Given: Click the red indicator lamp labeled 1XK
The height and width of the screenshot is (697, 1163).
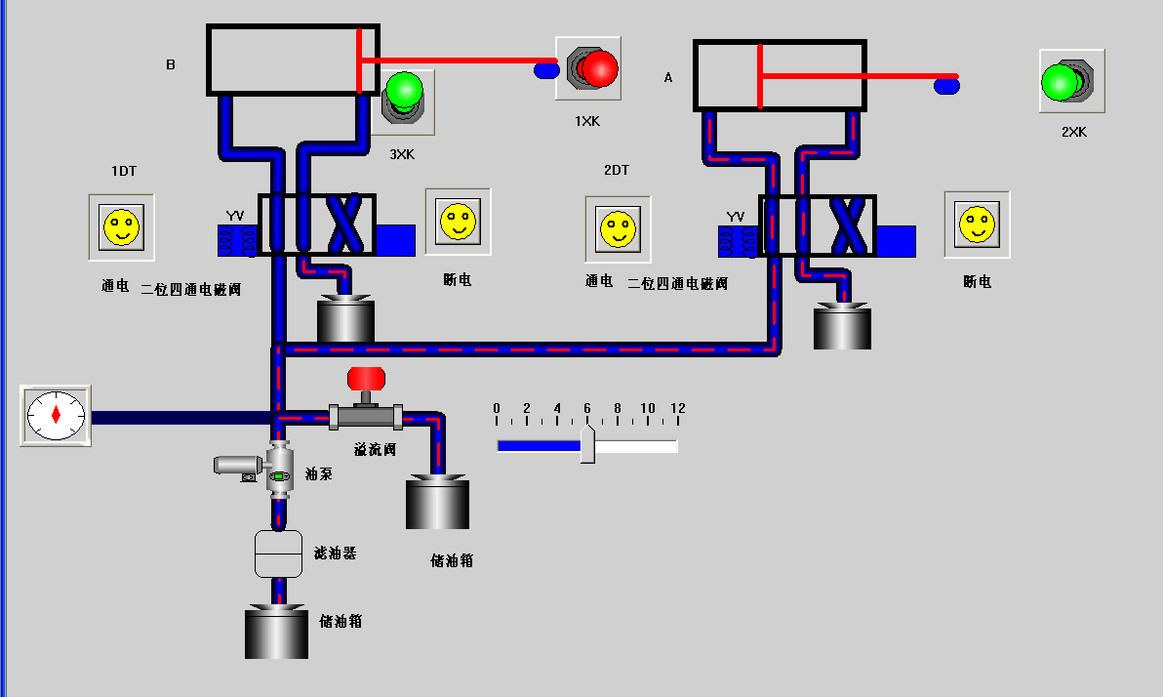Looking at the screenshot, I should tap(597, 68).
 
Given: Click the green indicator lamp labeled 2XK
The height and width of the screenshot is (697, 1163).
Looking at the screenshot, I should tap(1059, 82).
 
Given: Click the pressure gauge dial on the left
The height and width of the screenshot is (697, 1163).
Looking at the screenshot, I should tap(56, 415).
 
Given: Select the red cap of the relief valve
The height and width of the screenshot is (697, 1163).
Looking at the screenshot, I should tap(367, 377).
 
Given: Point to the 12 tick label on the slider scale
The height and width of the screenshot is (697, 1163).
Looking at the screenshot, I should tap(677, 408).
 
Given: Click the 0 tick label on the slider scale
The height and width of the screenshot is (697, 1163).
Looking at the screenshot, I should tap(497, 408).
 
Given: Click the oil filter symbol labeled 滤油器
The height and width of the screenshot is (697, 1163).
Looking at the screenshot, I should tap(279, 553).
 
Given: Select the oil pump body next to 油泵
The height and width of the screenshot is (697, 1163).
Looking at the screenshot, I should tap(280, 469).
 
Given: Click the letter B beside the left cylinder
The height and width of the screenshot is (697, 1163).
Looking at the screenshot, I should tap(171, 65).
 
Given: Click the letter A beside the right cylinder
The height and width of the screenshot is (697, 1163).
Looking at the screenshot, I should tap(668, 77).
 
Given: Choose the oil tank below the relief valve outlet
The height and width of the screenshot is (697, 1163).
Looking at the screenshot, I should tap(437, 503).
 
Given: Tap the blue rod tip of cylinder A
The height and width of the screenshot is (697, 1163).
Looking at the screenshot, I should tap(946, 87).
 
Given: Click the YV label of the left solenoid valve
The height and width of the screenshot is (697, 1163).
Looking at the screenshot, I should tap(235, 216).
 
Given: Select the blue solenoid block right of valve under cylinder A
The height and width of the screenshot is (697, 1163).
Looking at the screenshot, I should tap(896, 241).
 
